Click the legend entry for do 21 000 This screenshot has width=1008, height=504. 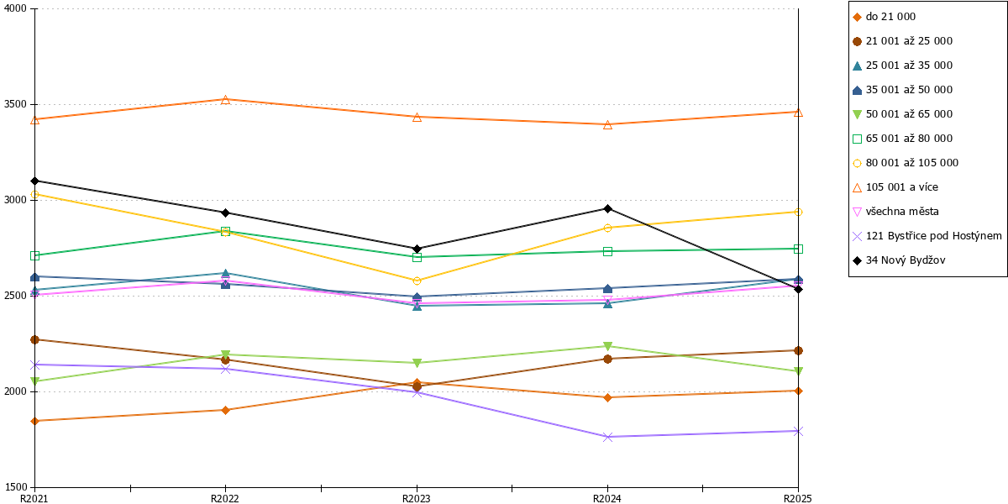(885, 17)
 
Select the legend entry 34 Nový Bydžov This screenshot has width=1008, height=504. (899, 260)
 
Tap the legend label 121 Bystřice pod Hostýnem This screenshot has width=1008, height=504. (927, 236)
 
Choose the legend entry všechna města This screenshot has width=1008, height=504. (896, 212)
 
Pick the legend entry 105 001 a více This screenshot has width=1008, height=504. (895, 187)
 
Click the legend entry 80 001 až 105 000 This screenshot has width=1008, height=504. (906, 163)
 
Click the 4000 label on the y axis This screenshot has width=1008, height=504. (15, 8)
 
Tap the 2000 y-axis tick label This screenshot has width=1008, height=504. (15, 391)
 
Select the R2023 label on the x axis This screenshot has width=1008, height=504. (417, 499)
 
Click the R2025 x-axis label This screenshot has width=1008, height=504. (798, 499)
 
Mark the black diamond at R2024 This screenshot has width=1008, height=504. (607, 209)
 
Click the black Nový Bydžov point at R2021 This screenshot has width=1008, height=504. (35, 181)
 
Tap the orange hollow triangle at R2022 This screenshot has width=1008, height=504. (226, 100)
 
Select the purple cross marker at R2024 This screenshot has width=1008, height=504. (607, 437)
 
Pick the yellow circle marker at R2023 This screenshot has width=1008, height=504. (417, 281)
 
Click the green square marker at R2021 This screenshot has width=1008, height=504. (35, 255)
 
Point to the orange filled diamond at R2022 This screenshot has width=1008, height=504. (226, 410)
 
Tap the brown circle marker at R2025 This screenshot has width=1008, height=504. (798, 350)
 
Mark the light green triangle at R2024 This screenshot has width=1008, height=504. (607, 346)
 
